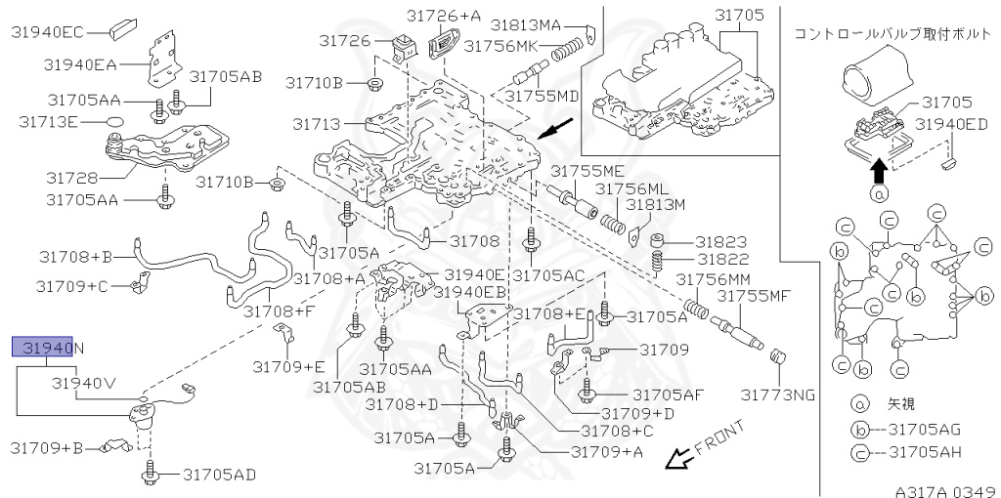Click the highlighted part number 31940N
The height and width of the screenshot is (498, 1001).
coord(48,347)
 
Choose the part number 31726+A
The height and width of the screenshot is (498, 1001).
coord(448,16)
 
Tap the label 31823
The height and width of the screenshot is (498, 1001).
coord(721,241)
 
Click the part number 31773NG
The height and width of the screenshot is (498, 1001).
coord(777,394)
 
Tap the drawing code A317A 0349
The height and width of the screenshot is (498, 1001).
coord(944,490)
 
